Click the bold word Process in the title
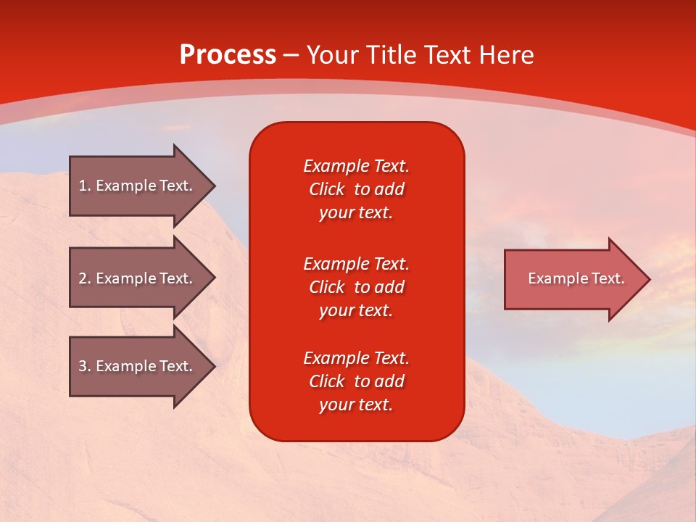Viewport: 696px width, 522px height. [x=228, y=55]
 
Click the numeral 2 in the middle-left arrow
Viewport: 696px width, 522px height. [x=83, y=278]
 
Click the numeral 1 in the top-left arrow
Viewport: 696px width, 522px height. [x=83, y=186]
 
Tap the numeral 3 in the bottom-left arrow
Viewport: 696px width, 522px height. [x=83, y=366]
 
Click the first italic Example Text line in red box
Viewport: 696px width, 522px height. [x=356, y=166]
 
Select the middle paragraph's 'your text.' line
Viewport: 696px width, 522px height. [x=356, y=310]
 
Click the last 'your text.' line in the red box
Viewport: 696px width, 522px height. [x=356, y=405]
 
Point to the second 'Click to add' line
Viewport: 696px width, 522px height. [x=356, y=287]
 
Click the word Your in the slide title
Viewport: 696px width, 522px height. [x=333, y=55]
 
